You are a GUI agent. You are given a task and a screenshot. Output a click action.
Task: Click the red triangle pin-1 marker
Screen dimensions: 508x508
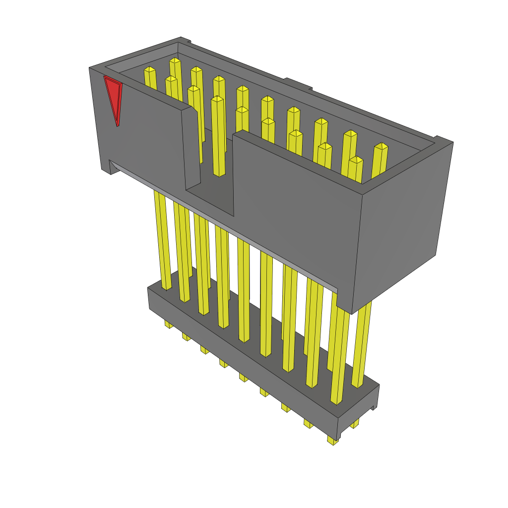(114, 97)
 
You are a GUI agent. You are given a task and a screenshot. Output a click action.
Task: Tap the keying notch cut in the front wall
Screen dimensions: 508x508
(208, 149)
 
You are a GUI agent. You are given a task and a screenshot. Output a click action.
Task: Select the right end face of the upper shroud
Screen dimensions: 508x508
(402, 223)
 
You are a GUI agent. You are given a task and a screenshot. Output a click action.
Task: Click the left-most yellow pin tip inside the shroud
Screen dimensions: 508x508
(149, 70)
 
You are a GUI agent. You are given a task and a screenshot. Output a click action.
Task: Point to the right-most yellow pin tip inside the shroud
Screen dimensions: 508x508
(381, 146)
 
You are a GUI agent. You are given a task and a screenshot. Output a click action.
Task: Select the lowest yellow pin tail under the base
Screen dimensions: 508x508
(332, 440)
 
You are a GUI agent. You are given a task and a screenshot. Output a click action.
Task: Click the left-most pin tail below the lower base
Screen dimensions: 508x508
(169, 324)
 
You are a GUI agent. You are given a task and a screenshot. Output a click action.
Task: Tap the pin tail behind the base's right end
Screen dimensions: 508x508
(354, 424)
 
